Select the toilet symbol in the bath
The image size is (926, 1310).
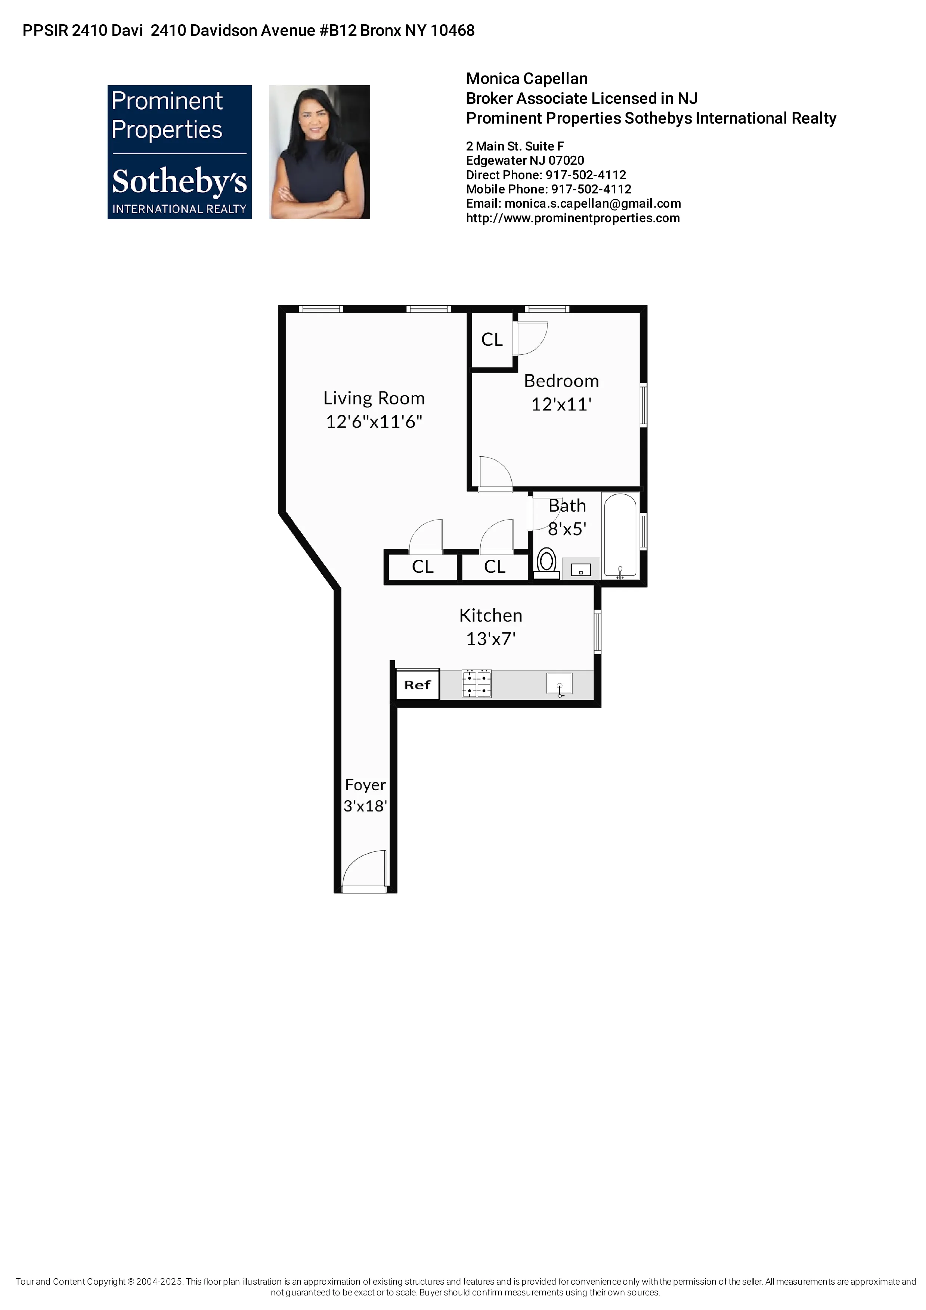pos(546,562)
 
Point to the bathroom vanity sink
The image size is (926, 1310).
pos(581,569)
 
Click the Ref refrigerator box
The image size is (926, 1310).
pos(417,685)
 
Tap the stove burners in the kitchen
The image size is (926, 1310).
pos(476,685)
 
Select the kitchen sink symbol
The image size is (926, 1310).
pos(560,683)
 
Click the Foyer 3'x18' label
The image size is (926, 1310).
pos(365,795)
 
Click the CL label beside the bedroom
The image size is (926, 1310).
pos(492,339)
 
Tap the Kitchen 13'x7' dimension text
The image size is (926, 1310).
pos(491,639)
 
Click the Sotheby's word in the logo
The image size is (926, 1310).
pos(179,181)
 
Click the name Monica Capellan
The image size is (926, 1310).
pos(527,79)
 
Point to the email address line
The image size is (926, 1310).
pos(573,204)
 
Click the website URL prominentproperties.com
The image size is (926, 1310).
pos(573,218)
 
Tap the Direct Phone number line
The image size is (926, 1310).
pos(546,175)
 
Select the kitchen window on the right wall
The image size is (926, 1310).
pos(597,631)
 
